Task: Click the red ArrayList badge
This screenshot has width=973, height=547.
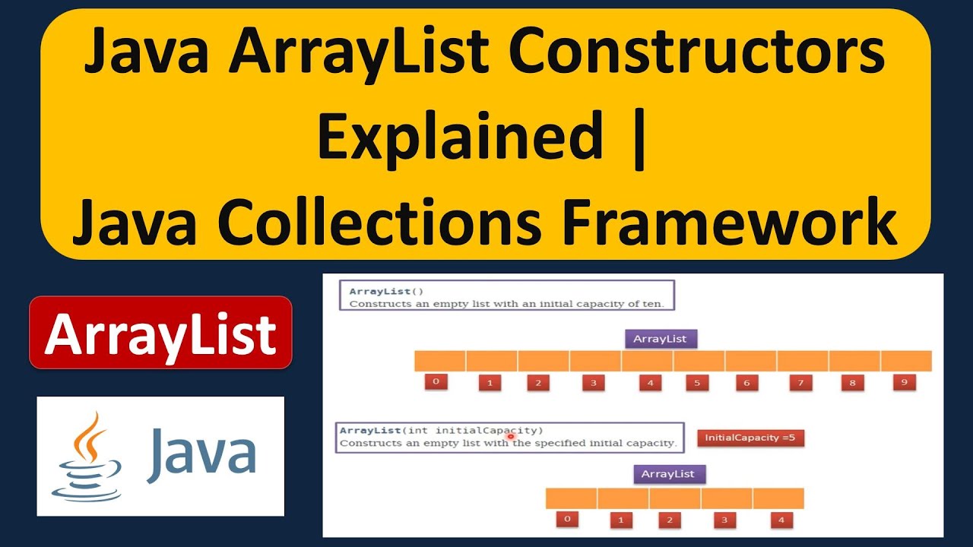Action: [160, 333]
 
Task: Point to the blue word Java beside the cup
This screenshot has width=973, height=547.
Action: [201, 454]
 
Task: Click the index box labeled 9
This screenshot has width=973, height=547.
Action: [904, 382]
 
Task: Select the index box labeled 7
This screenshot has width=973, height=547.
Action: [800, 383]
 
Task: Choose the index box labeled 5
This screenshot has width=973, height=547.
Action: [697, 383]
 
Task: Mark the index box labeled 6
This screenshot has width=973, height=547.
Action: [746, 383]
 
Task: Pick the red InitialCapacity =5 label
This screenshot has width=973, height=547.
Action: [750, 438]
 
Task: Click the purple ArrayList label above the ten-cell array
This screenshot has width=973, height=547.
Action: [661, 339]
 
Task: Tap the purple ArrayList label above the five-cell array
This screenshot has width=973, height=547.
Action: [668, 474]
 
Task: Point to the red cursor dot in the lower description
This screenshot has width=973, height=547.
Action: [511, 437]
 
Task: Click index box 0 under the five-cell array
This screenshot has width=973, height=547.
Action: [567, 520]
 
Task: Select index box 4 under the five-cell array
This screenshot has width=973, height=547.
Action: [781, 520]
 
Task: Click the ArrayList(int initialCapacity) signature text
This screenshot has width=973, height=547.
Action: [442, 430]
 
